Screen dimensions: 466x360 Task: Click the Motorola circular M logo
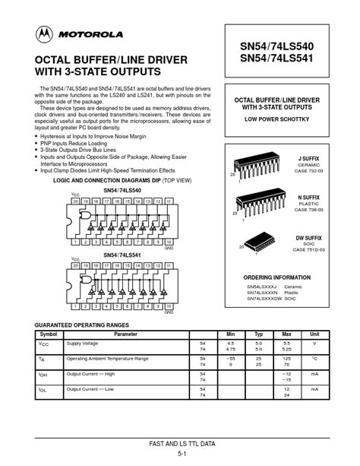[x=43, y=34]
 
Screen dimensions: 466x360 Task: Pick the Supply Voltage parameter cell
[x=82, y=343]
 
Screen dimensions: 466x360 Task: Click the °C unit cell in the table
[x=314, y=358]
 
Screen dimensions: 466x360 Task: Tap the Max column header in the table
[x=286, y=334]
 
